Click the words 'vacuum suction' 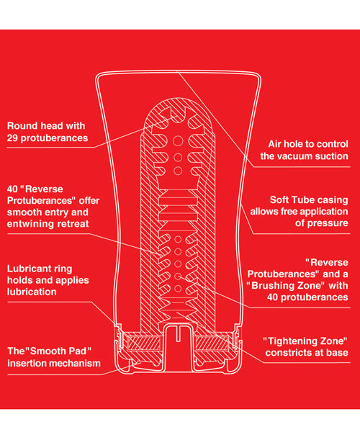(x=315, y=156)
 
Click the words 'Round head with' (x=45, y=125)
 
